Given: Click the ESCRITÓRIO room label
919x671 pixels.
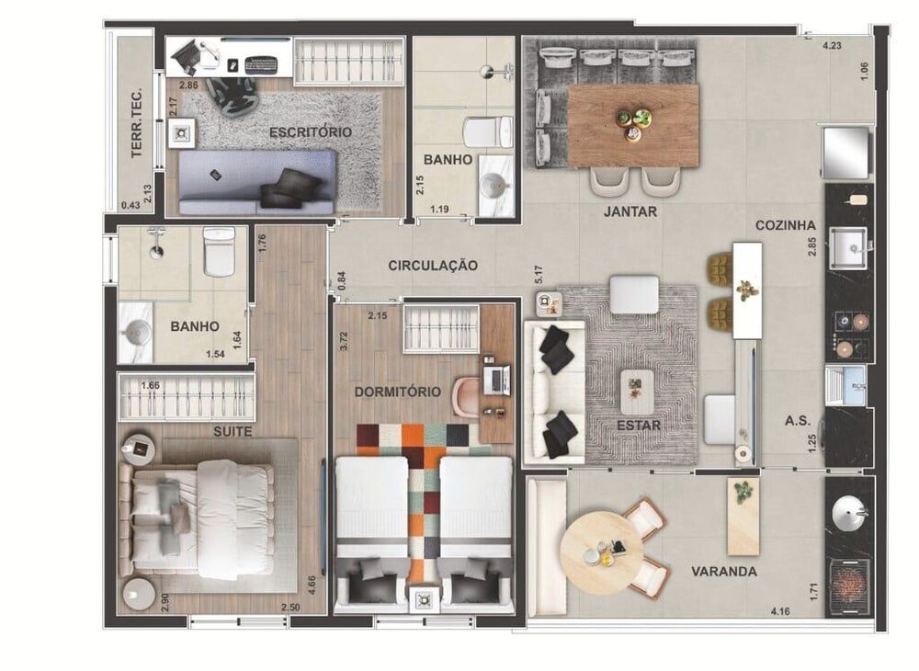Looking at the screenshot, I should pos(310,132).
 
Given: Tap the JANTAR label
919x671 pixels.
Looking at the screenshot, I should pos(630,211).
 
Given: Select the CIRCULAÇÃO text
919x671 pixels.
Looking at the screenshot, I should pos(432,266).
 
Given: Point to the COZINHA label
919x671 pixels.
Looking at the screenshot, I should pos(786,225).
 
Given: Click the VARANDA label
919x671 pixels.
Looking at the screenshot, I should pos(724,572).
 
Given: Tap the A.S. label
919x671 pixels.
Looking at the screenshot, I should pos(796,420).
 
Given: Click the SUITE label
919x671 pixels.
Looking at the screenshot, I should pos(233,430).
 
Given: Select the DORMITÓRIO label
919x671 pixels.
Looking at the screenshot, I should pos(398,392).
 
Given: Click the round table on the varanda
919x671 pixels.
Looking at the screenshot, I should pos(602,552).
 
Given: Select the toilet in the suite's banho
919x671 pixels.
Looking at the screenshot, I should pos(219,254).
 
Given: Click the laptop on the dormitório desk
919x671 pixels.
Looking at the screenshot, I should pos(497,379).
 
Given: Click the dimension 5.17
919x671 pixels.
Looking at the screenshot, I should pos(539,274).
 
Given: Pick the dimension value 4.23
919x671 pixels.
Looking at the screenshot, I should pos(833,44).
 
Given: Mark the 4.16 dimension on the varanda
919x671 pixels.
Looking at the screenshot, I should pos(781,610).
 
